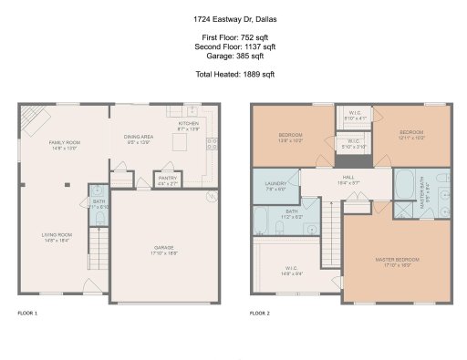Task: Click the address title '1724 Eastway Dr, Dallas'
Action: (233, 17)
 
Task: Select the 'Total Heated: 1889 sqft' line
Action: (233, 73)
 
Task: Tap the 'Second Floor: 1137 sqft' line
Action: (233, 45)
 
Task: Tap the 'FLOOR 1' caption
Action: (28, 314)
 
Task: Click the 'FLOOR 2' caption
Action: (260, 314)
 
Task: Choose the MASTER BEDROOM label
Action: (398, 262)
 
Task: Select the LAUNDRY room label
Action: (276, 186)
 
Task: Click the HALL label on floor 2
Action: (348, 180)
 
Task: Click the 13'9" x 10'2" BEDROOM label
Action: (290, 139)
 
